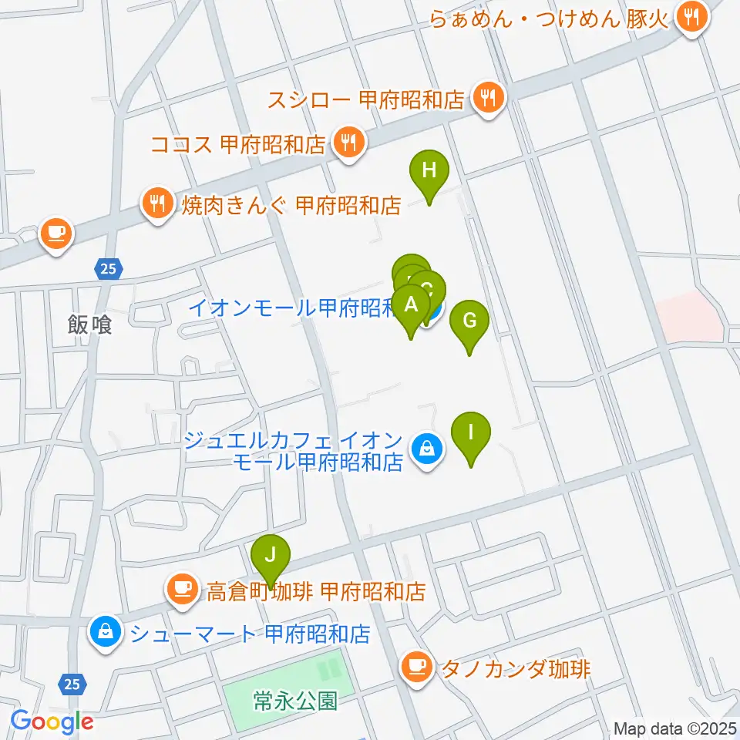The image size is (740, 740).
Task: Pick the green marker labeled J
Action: coord(270,556)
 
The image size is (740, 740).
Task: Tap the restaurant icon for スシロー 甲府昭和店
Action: coord(488,99)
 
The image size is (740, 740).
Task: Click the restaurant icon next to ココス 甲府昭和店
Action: coord(348,143)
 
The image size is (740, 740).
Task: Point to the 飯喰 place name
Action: coord(89,325)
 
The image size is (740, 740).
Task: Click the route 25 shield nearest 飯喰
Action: coord(109,268)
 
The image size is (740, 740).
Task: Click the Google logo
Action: coord(52,721)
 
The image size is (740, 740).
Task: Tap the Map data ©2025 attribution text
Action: coord(675,728)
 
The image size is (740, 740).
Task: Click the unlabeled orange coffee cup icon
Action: coord(55,234)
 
